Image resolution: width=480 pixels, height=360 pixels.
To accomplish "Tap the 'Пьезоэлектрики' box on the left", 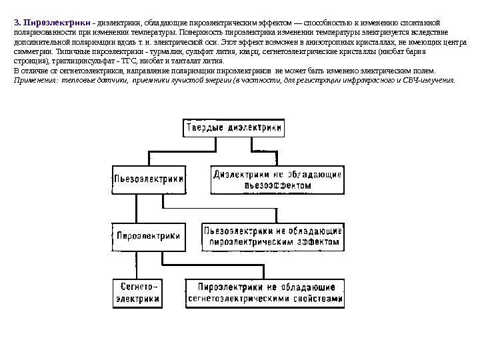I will [149, 179].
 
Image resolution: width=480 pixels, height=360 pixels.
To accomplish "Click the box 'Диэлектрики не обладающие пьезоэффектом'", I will [277, 179].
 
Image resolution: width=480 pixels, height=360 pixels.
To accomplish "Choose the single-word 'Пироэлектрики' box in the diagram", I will [148, 236].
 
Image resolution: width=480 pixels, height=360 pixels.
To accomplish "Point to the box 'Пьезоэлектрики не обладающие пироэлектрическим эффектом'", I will [273, 236].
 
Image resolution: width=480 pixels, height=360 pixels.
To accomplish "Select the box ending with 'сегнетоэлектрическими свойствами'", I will [266, 292].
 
